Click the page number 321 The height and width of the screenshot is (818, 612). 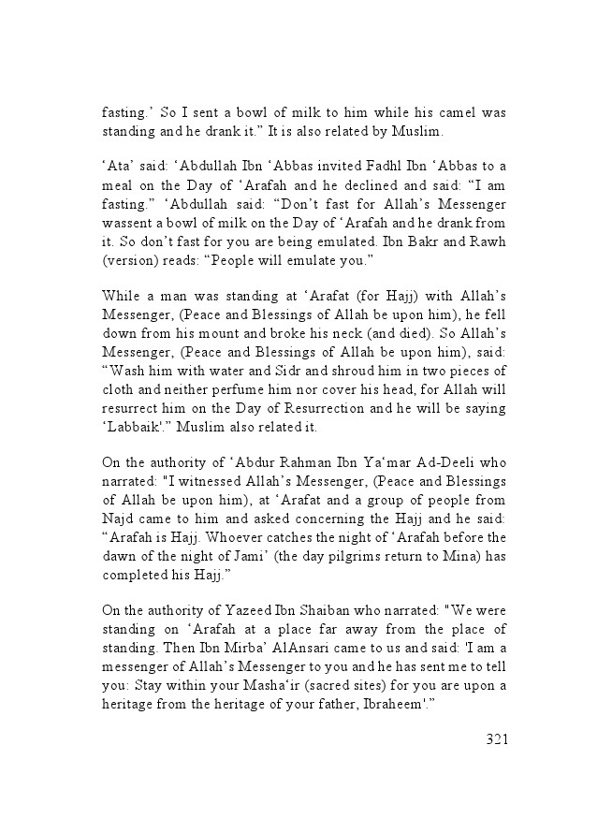coord(496,739)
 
